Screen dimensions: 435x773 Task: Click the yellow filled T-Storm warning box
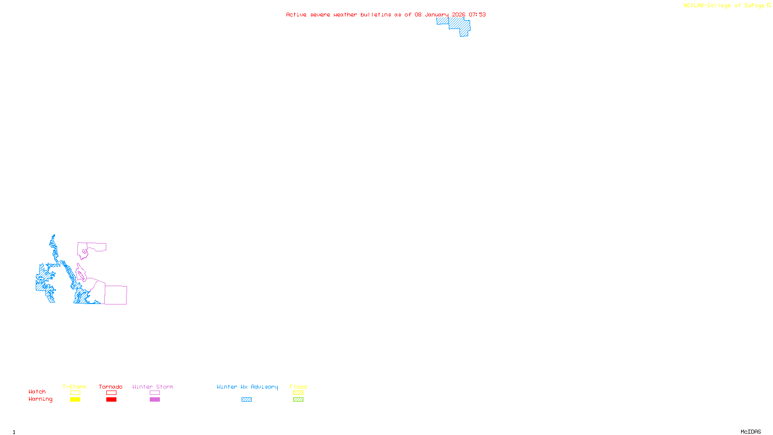point(75,400)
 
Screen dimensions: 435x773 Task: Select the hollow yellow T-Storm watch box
point(75,393)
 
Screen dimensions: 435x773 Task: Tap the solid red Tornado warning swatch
point(111,400)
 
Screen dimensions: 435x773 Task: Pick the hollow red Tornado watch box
point(111,393)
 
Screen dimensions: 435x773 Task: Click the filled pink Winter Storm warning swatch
point(155,400)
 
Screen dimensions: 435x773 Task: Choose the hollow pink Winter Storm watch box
point(155,393)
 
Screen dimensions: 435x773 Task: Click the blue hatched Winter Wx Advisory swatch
point(246,400)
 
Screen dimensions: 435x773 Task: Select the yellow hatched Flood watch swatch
point(298,393)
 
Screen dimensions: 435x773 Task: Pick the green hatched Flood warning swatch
point(298,400)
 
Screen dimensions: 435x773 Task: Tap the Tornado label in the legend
point(111,387)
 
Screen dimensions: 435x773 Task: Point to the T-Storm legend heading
point(74,387)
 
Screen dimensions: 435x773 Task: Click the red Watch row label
point(37,392)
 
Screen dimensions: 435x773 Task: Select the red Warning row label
point(40,399)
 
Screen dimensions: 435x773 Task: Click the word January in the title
point(437,15)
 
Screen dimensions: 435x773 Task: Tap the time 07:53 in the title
point(477,15)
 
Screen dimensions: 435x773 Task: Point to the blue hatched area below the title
point(457,24)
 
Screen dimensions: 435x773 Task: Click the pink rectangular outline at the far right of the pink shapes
point(116,295)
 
